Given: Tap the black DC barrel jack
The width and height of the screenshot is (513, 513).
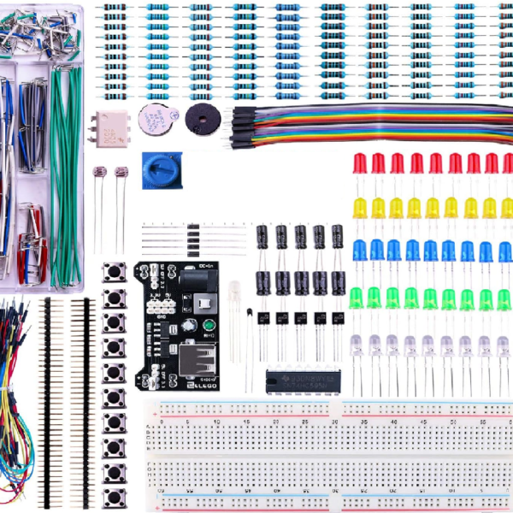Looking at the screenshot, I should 205,304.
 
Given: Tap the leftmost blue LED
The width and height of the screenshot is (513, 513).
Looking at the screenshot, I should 358,250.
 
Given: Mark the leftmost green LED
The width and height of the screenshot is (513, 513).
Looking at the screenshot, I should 357,297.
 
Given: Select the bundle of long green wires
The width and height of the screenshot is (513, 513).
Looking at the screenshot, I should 65,171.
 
